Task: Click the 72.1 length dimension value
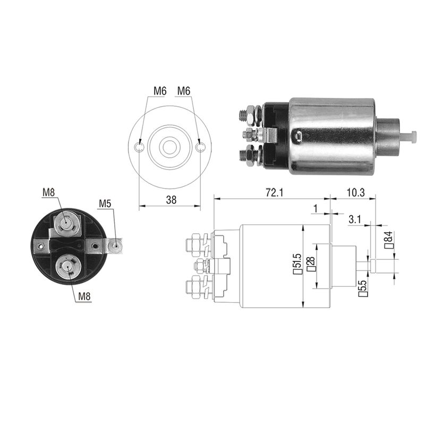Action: pyautogui.click(x=275, y=193)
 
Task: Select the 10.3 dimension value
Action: pyautogui.click(x=355, y=193)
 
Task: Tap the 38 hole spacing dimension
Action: pyautogui.click(x=171, y=200)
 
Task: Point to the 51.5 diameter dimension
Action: pyautogui.click(x=297, y=263)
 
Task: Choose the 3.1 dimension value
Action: pyautogui.click(x=354, y=219)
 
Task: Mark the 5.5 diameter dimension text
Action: pyautogui.click(x=363, y=288)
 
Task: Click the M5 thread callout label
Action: pyautogui.click(x=105, y=203)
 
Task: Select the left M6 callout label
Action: pyautogui.click(x=160, y=91)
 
